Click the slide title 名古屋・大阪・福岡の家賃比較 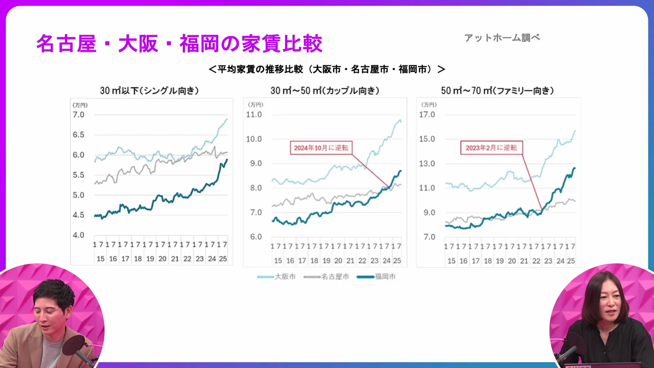click(179, 44)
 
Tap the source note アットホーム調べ click(502, 38)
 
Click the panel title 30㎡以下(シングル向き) click(149, 91)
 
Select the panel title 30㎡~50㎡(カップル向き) click(325, 91)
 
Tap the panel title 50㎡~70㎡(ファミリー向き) click(497, 91)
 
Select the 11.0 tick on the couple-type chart click(254, 114)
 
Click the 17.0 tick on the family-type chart click(427, 114)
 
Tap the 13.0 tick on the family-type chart click(427, 164)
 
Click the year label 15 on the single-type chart click(101, 259)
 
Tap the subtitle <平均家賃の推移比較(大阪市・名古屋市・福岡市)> click(327, 69)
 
